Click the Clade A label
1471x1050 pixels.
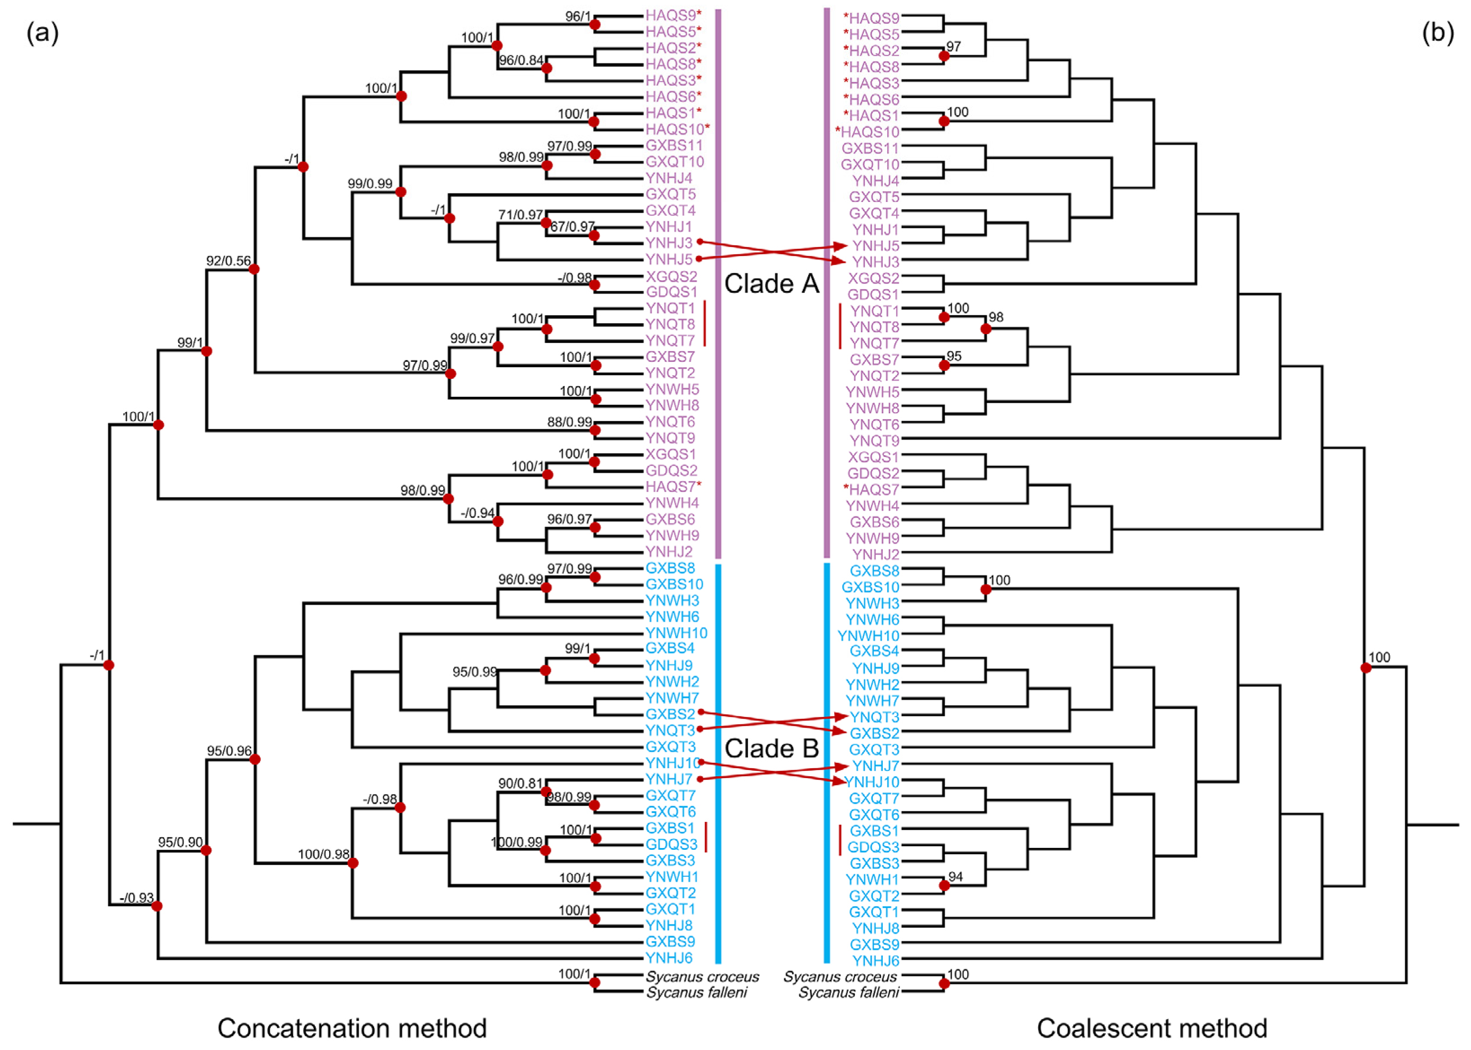point(771,284)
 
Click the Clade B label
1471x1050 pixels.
point(771,749)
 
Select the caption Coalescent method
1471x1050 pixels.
point(1152,1028)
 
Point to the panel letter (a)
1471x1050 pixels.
point(43,32)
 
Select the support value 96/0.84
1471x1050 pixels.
point(521,60)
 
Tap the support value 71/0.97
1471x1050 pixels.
point(520,215)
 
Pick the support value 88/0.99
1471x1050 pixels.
point(569,422)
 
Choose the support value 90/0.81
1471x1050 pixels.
point(520,784)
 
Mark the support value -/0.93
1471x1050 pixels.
point(137,898)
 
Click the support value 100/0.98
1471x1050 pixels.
point(323,854)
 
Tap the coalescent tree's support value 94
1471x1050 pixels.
point(956,877)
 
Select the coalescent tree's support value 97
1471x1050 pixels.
point(953,47)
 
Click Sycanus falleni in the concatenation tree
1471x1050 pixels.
point(696,993)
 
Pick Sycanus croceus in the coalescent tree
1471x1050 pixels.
point(840,977)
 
